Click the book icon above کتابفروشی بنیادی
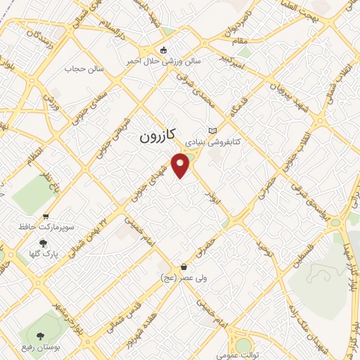point(213,131)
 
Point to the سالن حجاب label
point(84,70)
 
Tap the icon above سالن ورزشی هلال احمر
point(164,50)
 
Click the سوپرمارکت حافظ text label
point(48,229)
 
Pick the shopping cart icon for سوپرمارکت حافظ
point(46,217)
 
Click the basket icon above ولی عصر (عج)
point(184,267)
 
